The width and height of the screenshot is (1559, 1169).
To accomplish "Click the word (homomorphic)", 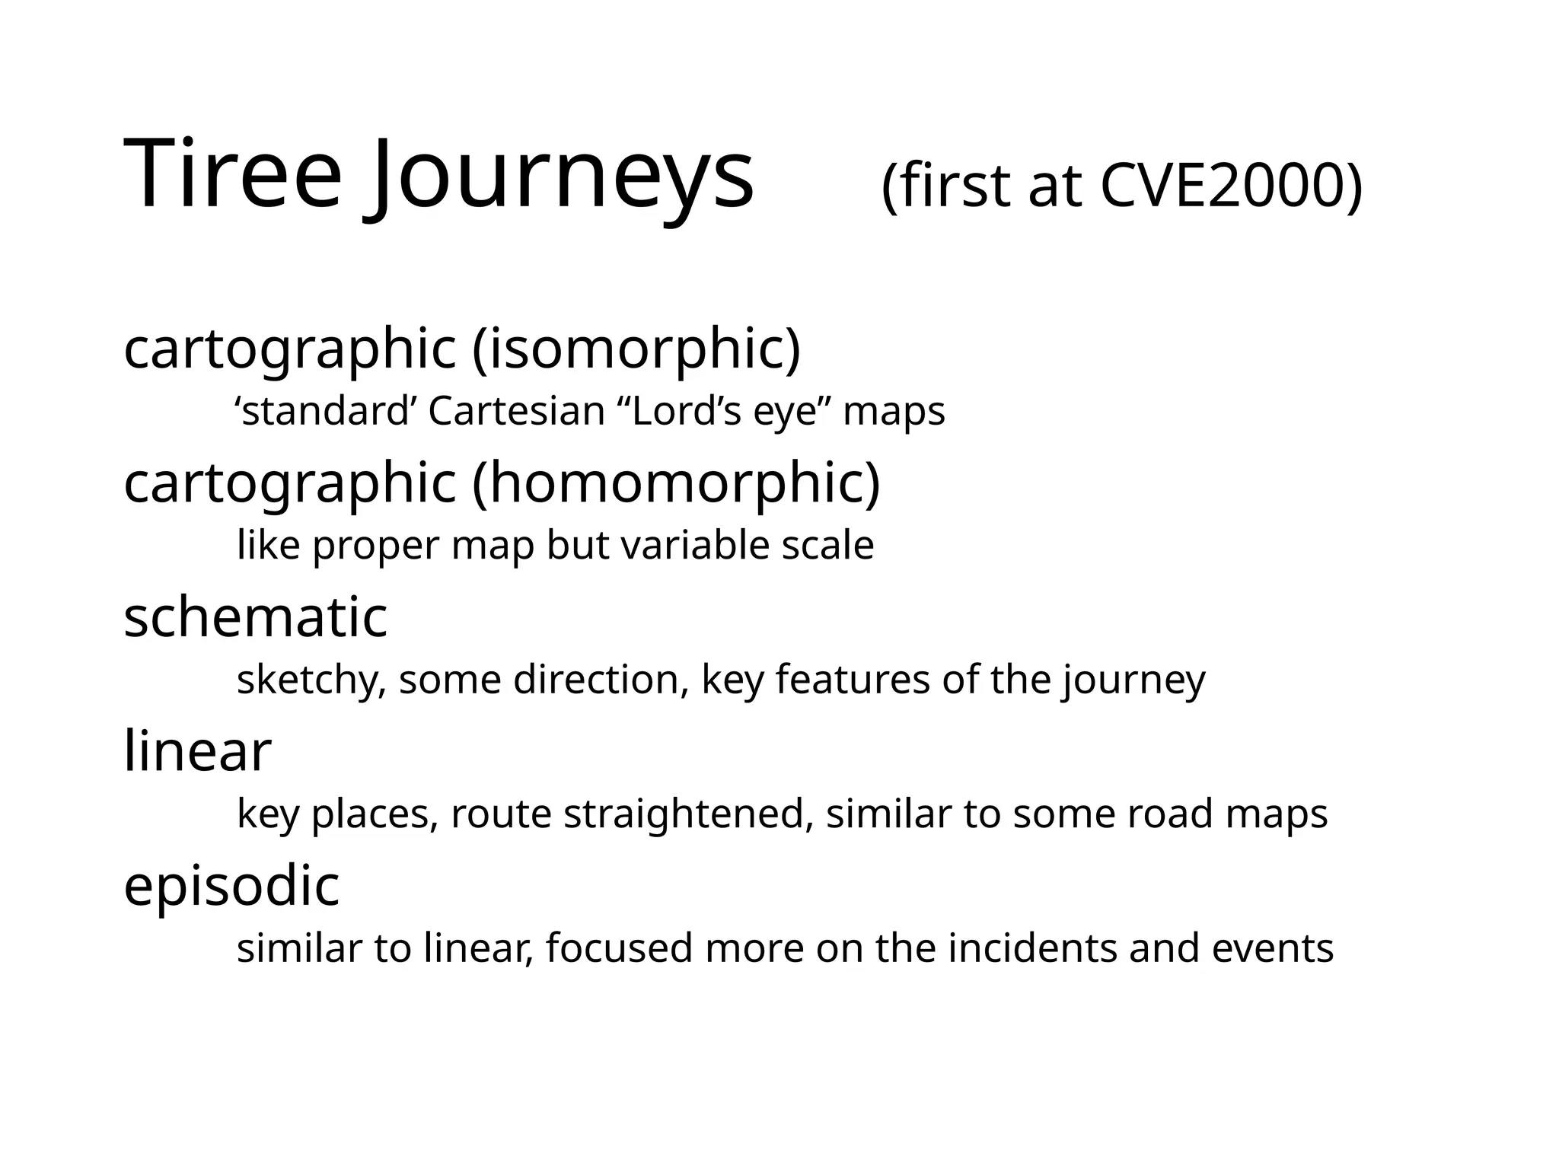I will pyautogui.click(x=676, y=484).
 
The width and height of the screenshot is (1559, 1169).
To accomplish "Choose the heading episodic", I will pyautogui.click(x=231, y=886).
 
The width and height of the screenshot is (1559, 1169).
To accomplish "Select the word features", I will pyautogui.click(x=853, y=680).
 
